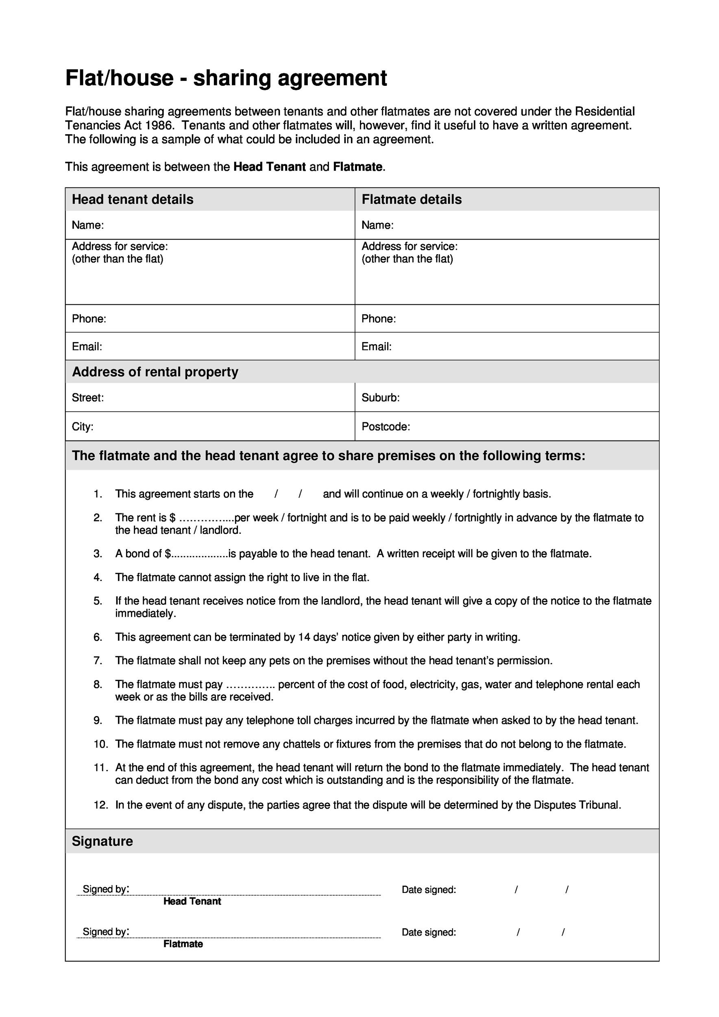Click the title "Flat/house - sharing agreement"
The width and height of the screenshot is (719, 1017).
226,78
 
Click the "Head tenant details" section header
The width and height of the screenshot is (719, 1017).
133,199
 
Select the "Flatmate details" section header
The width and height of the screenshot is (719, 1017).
411,199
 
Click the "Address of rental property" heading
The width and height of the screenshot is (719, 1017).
155,372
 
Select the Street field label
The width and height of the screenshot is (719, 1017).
88,398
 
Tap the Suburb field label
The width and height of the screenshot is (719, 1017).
380,398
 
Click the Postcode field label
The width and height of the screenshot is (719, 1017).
386,427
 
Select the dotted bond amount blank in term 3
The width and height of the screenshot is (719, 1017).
199,554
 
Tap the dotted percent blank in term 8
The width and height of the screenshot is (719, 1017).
251,685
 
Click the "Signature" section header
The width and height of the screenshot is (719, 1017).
102,841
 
